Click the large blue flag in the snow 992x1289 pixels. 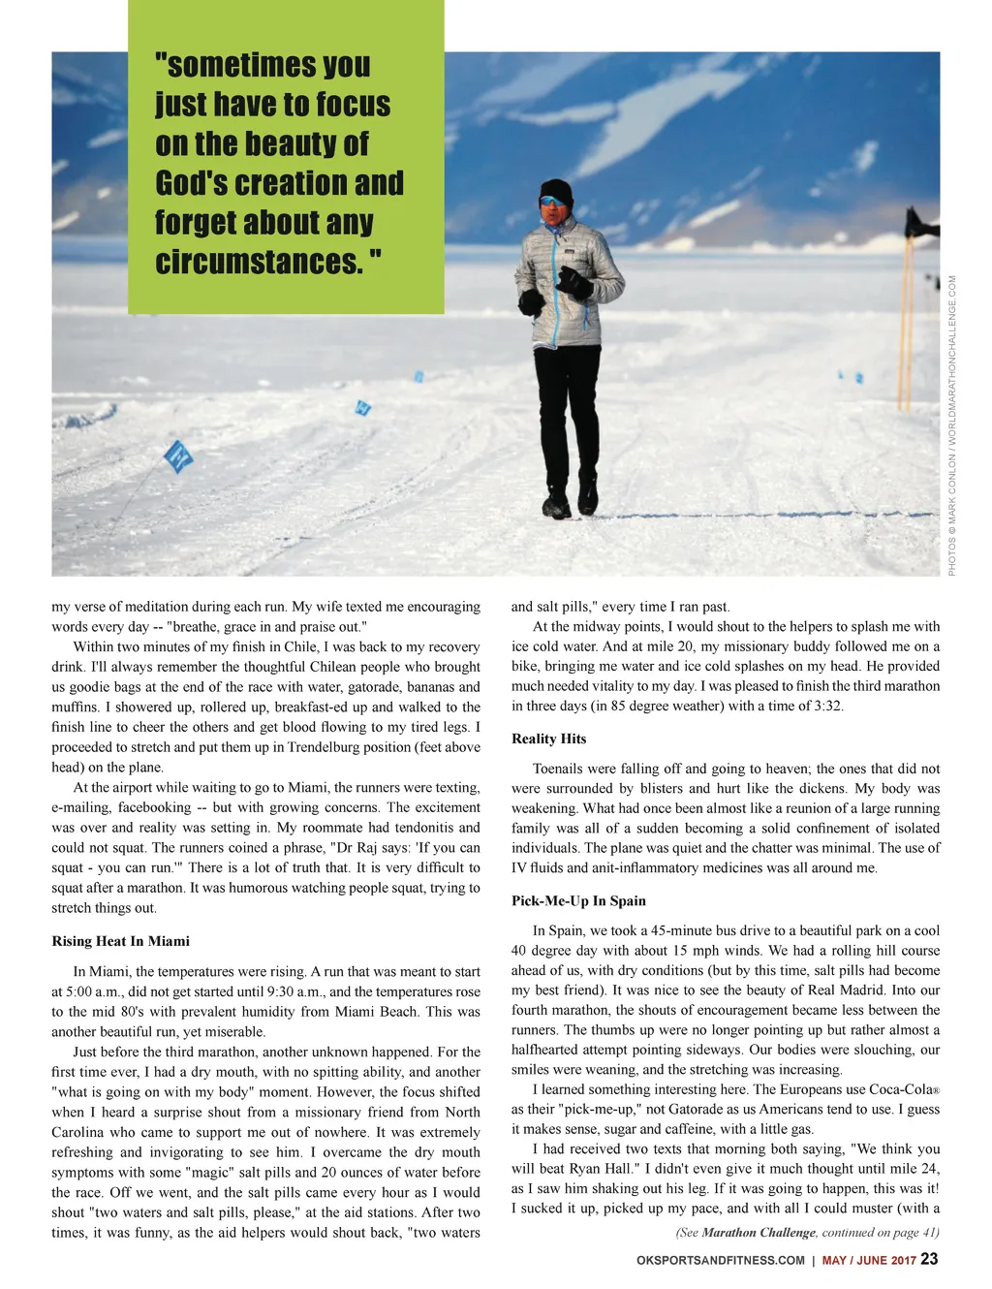click(178, 456)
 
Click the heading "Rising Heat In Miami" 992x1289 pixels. click(120, 941)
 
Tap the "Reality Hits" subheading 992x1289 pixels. click(548, 739)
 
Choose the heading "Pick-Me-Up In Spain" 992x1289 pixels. click(578, 900)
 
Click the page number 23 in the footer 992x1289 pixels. click(929, 1259)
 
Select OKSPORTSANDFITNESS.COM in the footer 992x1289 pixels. click(720, 1260)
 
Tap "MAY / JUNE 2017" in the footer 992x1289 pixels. click(868, 1260)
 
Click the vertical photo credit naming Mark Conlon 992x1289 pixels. click(952, 426)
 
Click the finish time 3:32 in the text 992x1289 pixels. click(828, 706)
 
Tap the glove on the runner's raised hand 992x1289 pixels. click(575, 282)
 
